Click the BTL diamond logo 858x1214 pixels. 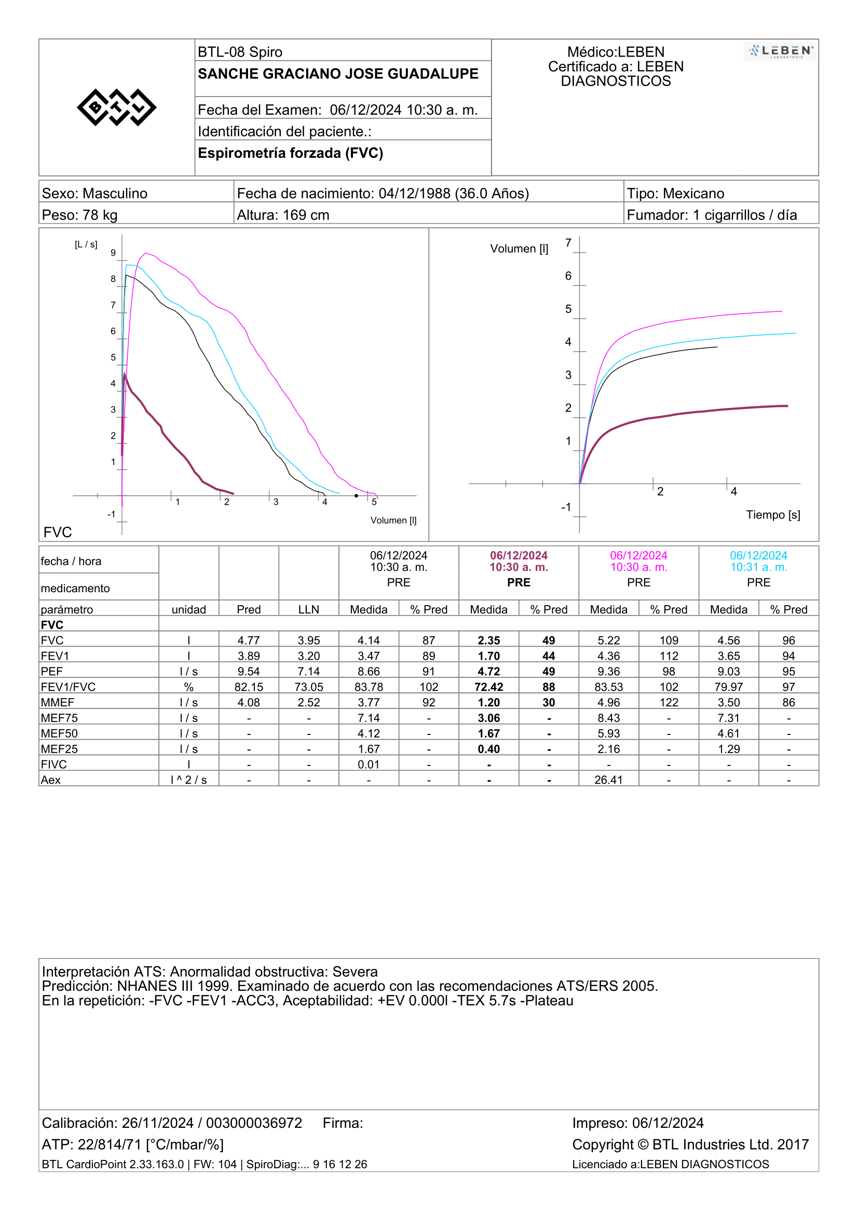[x=116, y=107]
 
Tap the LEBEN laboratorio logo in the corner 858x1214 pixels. [x=780, y=51]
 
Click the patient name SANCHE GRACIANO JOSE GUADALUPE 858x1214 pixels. [x=338, y=74]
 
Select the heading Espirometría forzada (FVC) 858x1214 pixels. [x=290, y=153]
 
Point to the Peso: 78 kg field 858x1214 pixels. [x=79, y=215]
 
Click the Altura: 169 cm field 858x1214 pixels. [x=283, y=215]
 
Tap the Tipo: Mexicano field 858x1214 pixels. [x=675, y=193]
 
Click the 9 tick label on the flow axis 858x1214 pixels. [x=113, y=253]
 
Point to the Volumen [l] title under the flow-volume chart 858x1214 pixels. [x=393, y=520]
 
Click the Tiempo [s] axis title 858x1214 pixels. [x=773, y=514]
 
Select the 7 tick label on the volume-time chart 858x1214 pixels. [x=568, y=243]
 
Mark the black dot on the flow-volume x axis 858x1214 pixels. [x=356, y=496]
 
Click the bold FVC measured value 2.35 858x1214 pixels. [x=488, y=640]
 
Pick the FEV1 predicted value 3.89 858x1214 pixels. [x=249, y=656]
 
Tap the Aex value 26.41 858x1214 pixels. [x=608, y=780]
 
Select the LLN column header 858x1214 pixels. [x=308, y=609]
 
